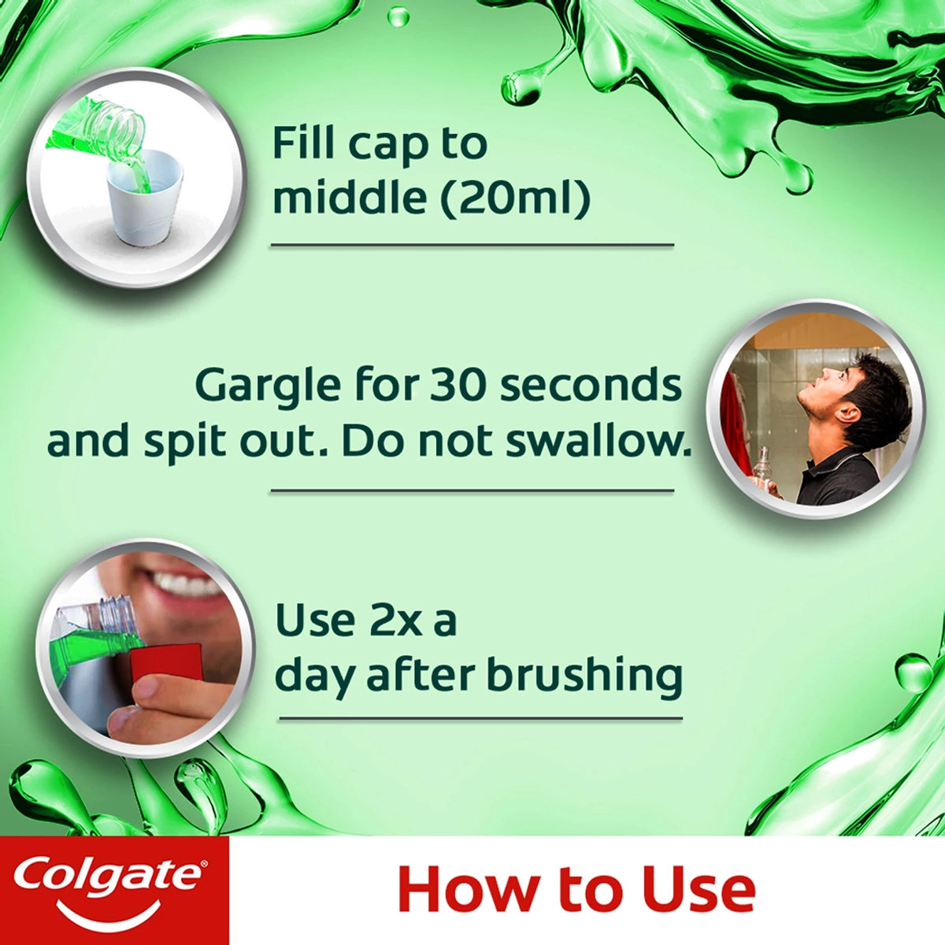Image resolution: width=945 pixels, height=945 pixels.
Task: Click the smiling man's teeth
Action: (189, 584)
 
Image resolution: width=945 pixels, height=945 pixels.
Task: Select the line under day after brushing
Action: (480, 717)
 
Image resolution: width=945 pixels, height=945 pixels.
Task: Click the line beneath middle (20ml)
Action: (472, 245)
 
